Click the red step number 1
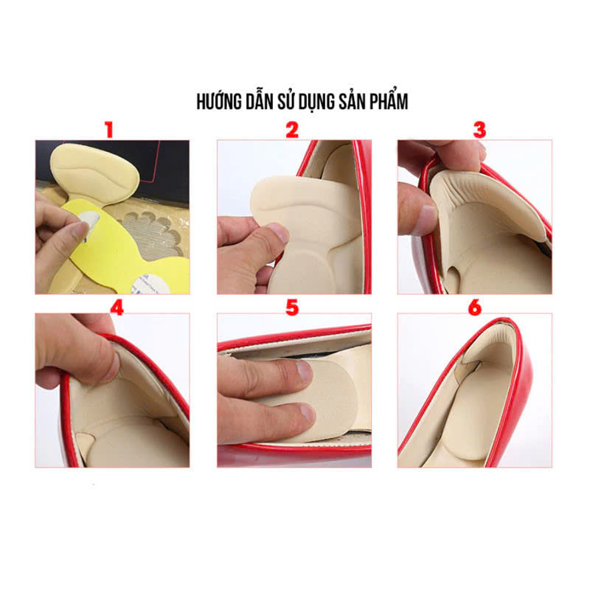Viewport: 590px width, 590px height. pos(109,130)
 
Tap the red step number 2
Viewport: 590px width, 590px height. pos(292,130)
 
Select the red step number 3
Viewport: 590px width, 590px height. pos(479,130)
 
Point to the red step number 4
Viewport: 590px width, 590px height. pos(117,308)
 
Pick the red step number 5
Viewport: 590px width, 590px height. pos(292,308)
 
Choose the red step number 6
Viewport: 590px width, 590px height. pos(475,308)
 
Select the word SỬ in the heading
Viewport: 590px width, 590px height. pos(286,102)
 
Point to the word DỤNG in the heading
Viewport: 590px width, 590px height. pos(316,103)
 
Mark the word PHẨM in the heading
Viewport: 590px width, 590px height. pos(389,102)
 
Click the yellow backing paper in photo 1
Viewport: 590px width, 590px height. pos(124,252)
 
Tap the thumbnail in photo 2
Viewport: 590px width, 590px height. pos(277,232)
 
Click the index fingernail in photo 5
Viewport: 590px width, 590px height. pos(304,371)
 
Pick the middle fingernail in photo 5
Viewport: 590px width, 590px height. pos(307,412)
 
